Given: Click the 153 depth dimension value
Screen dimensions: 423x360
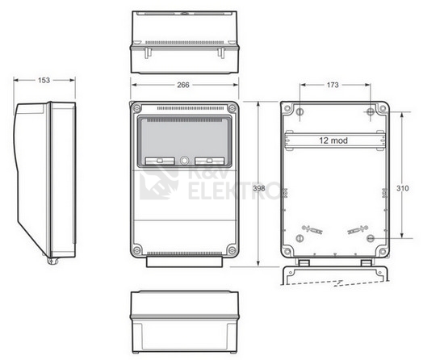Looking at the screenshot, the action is (x=44, y=80).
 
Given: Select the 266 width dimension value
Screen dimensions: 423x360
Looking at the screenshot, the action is (x=183, y=85).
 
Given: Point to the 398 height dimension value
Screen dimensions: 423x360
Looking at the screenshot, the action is (x=259, y=188).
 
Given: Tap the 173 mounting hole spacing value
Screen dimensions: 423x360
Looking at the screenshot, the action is (x=333, y=85).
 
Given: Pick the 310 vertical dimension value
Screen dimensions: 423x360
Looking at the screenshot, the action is (x=403, y=188).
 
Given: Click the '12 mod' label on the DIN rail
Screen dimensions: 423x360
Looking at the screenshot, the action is (x=333, y=140).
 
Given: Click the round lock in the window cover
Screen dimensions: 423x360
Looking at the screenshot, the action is (x=184, y=161).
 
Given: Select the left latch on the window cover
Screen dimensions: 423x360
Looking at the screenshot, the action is (x=160, y=161).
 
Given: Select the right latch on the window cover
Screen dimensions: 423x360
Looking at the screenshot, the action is (x=209, y=161).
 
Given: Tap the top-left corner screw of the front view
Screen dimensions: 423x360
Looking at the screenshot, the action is (x=137, y=109).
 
